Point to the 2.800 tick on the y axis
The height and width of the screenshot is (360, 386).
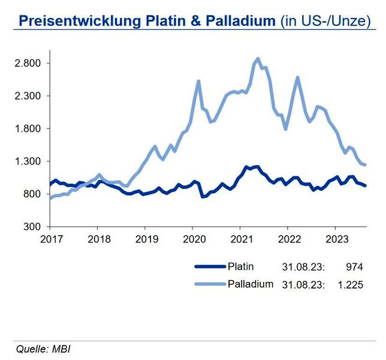coord(28,64)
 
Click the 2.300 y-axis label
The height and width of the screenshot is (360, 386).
coord(28,96)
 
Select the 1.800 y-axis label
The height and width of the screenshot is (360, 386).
coord(28,129)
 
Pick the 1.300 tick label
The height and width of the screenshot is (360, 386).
coord(28,161)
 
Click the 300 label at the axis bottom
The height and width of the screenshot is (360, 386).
coord(32,227)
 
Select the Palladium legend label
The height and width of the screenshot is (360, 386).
coord(250,283)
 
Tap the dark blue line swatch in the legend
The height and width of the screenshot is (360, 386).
coord(210,267)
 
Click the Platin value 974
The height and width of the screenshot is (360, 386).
coord(355,267)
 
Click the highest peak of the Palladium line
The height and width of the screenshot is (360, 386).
coord(258,59)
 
